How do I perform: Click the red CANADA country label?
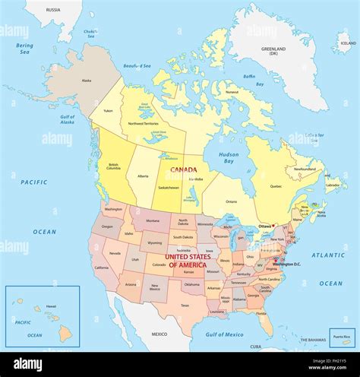click(x=185, y=170)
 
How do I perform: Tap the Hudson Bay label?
click(x=228, y=157)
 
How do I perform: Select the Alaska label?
click(x=86, y=80)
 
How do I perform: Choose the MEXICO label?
click(x=159, y=334)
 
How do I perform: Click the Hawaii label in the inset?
click(x=51, y=306)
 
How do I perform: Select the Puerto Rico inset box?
click(x=342, y=337)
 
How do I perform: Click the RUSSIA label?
click(x=53, y=10)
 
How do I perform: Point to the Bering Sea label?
click(x=25, y=49)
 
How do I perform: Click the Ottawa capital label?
click(x=265, y=226)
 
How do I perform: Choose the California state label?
click(x=101, y=268)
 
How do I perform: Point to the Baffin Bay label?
click(x=248, y=77)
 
